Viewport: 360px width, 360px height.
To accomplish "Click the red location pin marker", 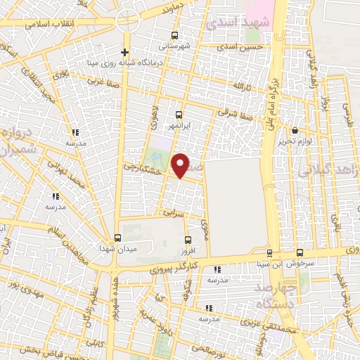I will click(181, 165).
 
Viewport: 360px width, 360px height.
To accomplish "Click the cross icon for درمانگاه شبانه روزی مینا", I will click(124, 53).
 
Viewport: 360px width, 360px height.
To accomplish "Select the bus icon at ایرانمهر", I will click(179, 114).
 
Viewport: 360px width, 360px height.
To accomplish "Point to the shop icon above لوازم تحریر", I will click(295, 130).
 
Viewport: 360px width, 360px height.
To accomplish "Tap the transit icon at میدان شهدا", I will click(117, 238).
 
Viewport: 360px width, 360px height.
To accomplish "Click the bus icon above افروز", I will click(186, 240).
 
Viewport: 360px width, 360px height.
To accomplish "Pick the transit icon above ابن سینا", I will click(269, 253).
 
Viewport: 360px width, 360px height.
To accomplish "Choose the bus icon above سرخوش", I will click(300, 252).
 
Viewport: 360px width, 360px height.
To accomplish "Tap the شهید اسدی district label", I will click(229, 23).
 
